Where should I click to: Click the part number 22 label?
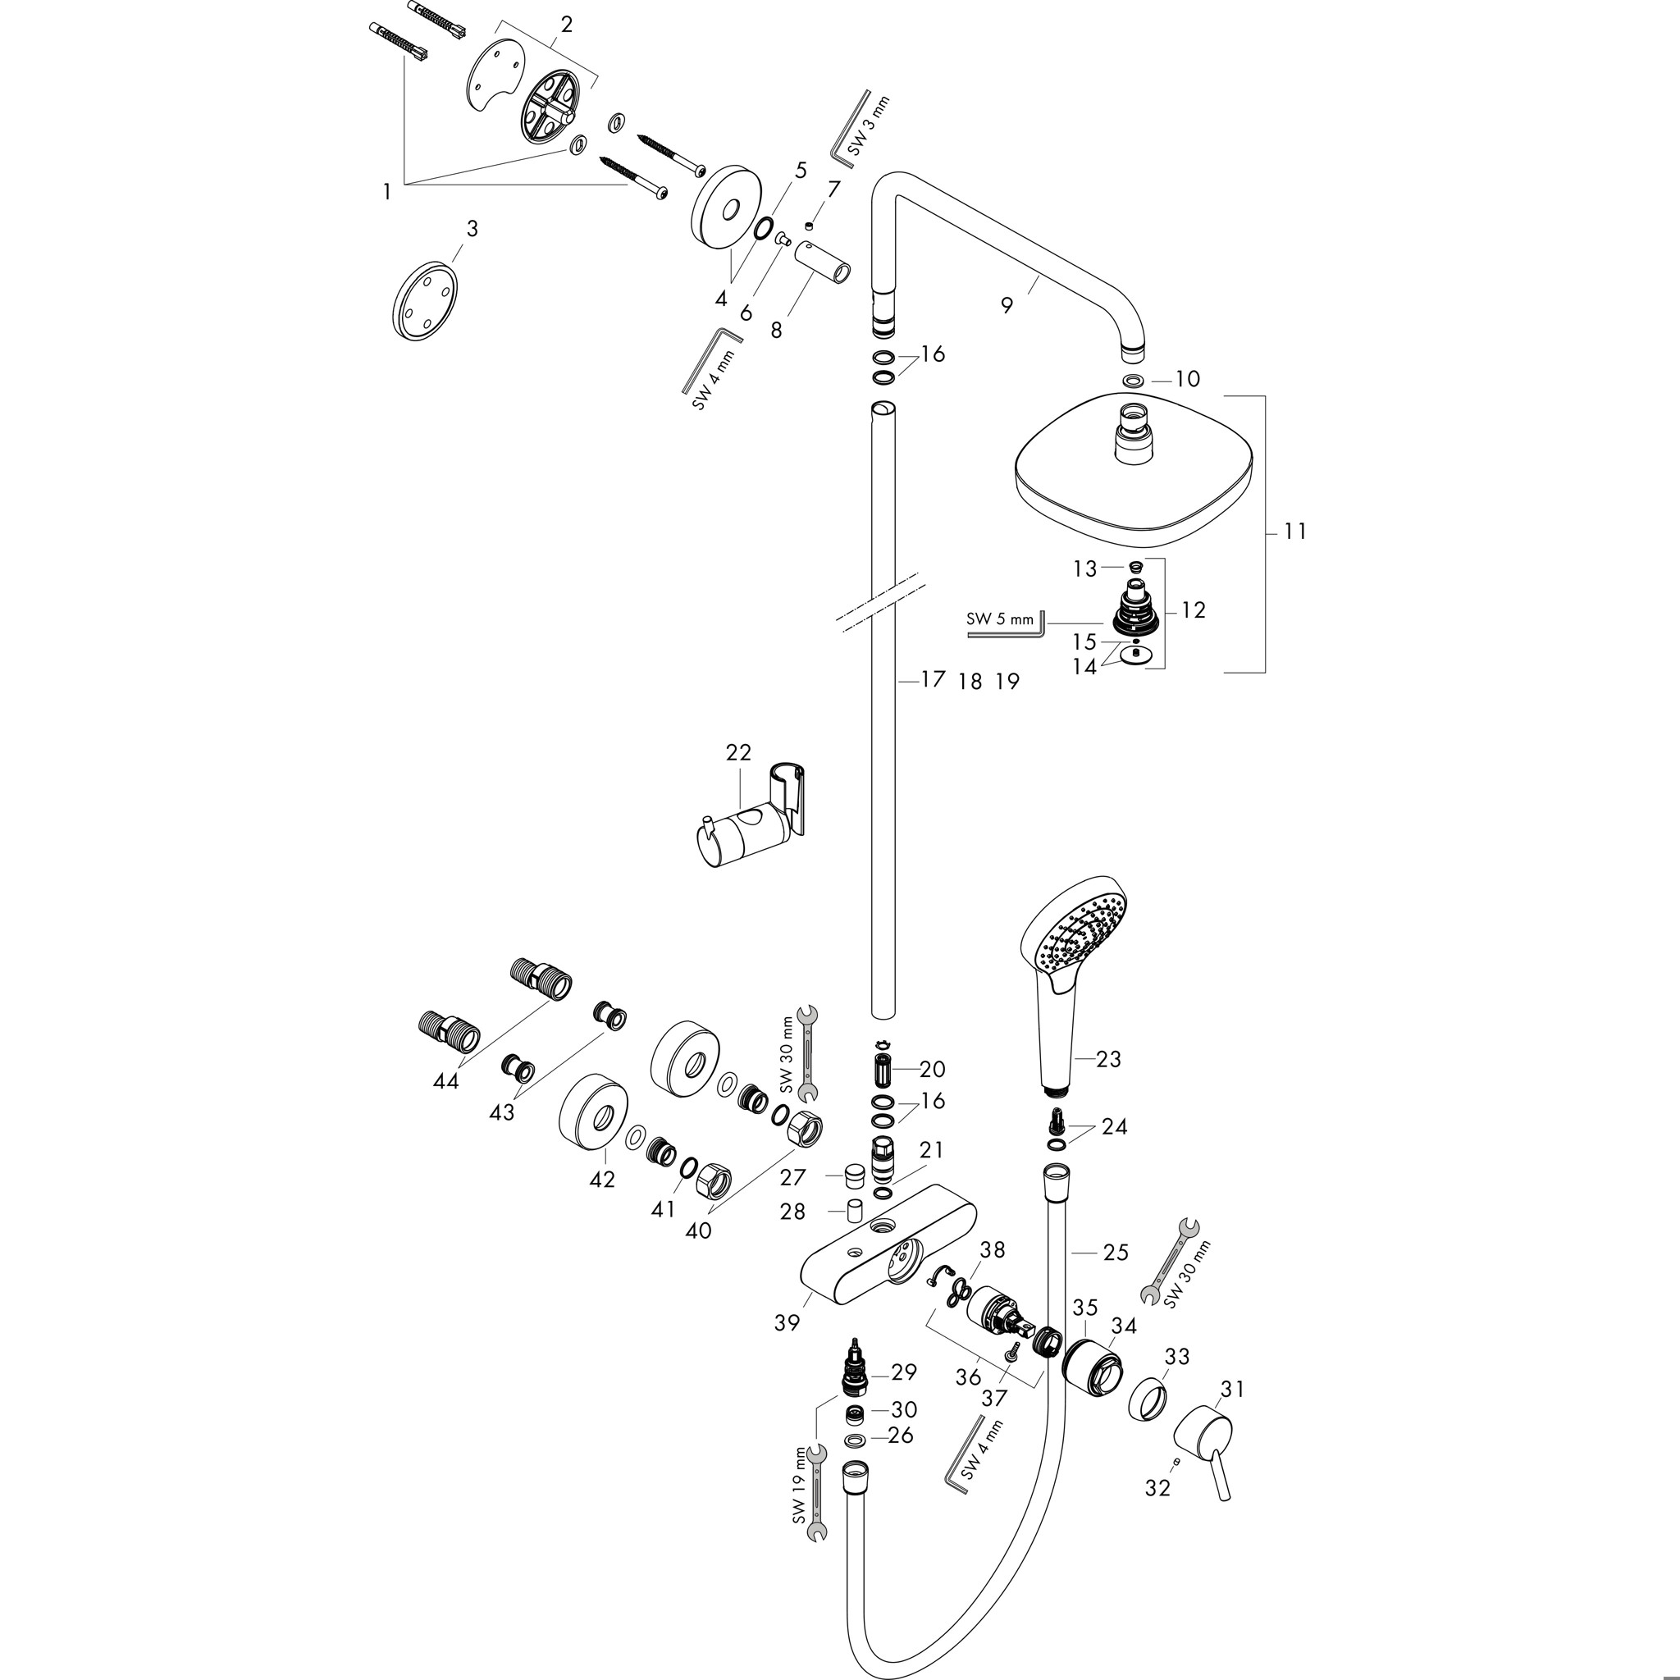738,751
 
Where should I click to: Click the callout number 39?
786,1322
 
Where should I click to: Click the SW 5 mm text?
1000,619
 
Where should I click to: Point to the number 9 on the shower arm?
1006,304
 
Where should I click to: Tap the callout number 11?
1294,531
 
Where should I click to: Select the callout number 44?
447,1081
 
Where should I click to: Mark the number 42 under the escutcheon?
602,1179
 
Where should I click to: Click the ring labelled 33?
1149,1395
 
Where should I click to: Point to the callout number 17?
932,679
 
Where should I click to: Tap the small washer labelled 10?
1133,380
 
